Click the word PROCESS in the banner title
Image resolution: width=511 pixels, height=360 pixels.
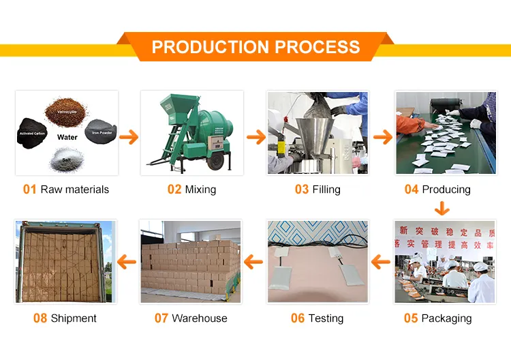point(317,47)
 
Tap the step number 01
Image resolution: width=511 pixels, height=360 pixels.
point(29,190)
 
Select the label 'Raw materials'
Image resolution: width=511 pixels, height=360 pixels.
point(74,190)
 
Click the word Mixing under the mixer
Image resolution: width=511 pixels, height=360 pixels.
point(200,190)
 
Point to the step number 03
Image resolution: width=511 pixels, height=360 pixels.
point(301,190)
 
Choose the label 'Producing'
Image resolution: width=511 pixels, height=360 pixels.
point(446,190)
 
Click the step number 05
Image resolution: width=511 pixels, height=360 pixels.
point(410,318)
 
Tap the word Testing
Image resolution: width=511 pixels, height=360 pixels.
point(326,318)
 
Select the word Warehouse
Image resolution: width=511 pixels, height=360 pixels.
point(200,318)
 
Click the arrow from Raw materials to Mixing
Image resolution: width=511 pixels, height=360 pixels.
point(129,137)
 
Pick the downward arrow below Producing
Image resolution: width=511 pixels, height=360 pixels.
point(444,208)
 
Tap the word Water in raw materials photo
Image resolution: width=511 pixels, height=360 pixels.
point(67,137)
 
